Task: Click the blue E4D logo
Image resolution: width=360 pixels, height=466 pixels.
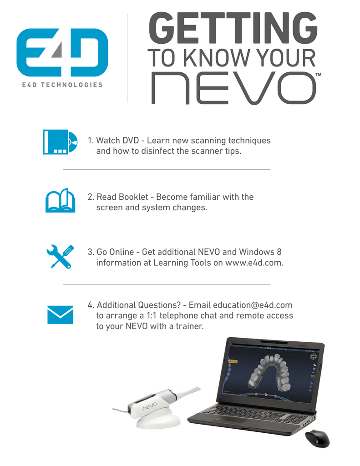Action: coord(62,53)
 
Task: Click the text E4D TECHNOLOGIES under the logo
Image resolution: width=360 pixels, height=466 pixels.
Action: coord(62,85)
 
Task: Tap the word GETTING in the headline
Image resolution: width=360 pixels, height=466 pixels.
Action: coord(233,28)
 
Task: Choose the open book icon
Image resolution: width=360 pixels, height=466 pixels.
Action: coord(60,200)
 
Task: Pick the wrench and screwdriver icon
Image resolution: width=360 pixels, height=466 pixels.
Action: coord(60,256)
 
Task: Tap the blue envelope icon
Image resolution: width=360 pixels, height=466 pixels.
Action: coord(60,314)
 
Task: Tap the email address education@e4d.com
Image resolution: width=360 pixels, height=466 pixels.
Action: coord(253,305)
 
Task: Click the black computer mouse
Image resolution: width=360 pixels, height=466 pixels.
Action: coord(317,438)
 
